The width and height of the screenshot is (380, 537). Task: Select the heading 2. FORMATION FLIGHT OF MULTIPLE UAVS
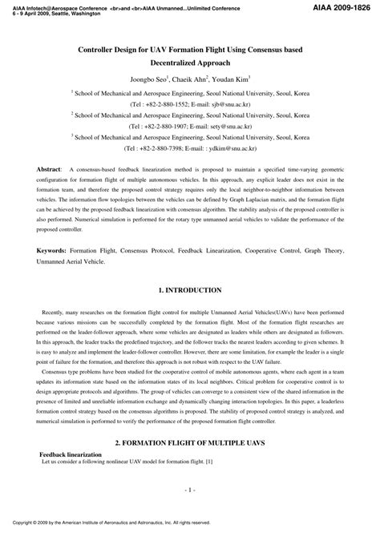[190, 442]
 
